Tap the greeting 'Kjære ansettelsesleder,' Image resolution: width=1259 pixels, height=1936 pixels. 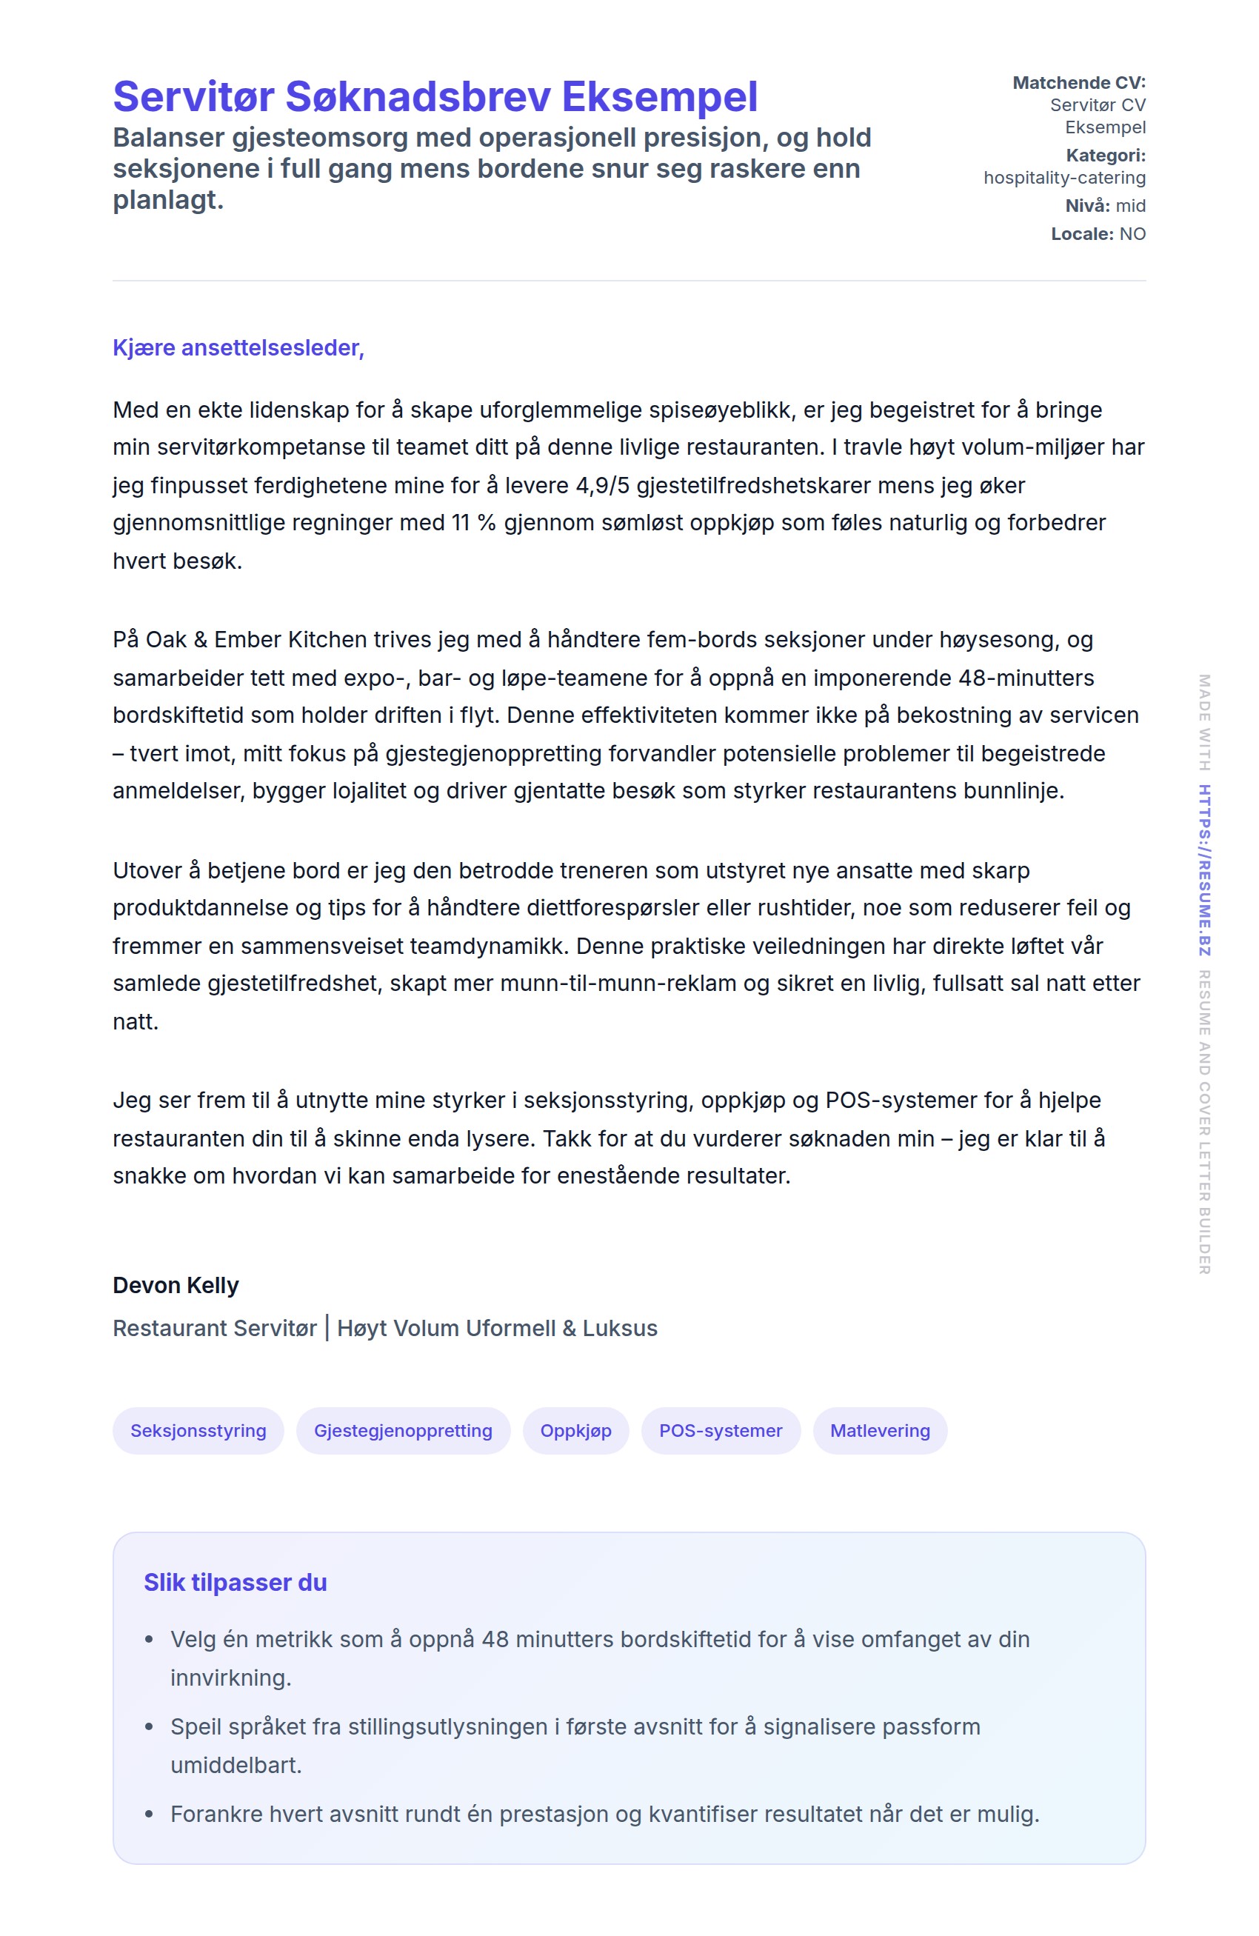238,347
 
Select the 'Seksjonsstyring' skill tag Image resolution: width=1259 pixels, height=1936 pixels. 198,1430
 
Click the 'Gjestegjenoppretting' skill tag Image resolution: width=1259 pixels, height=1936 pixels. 403,1430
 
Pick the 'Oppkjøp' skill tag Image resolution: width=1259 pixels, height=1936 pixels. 576,1430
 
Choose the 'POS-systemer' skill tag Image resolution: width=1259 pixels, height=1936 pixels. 721,1430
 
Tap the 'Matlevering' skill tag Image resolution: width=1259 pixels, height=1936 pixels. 879,1430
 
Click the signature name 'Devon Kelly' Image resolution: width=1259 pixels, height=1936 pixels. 176,1285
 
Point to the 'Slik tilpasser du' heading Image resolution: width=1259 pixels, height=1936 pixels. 235,1582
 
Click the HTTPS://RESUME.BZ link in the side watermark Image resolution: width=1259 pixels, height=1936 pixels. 1203,869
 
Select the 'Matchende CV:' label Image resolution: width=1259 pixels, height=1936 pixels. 1078,82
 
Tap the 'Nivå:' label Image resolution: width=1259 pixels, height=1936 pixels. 1086,206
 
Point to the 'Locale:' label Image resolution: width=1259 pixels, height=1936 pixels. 1081,234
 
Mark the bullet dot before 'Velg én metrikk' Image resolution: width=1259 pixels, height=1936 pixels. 149,1640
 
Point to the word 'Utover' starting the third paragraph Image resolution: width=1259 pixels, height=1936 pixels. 147,870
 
